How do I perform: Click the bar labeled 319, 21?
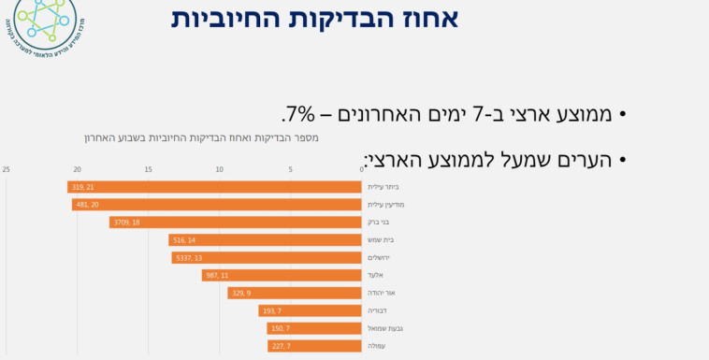coord(214,187)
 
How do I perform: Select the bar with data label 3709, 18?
coord(235,223)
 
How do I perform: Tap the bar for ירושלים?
coord(267,258)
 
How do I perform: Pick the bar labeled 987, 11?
coord(282,275)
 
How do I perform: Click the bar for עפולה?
coord(313,346)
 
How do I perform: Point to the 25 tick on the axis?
coord(7,169)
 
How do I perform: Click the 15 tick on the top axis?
coord(148,169)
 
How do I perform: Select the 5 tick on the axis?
coord(290,169)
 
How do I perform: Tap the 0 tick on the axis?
coord(361,169)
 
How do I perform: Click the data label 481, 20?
coord(87,205)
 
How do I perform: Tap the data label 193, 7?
coord(273,310)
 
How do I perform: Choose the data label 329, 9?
coord(242,293)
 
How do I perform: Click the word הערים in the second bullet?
coord(586,159)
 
